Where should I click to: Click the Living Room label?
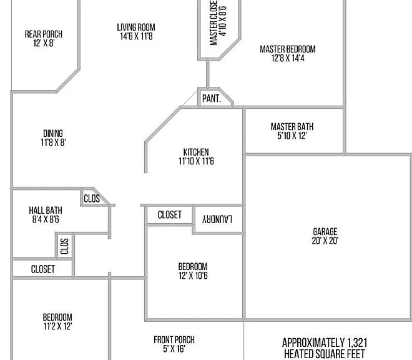pos(136,27)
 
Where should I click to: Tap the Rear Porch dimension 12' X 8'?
pos(44,43)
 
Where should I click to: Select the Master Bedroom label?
pos(288,49)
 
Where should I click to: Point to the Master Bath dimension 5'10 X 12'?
pos(292,136)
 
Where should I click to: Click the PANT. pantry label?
pos(212,99)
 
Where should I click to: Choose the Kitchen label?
pos(196,152)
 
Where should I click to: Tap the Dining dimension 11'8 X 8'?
pos(53,142)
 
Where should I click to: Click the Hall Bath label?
pos(46,211)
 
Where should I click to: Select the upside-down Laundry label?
pos(217,219)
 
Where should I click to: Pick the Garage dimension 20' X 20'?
pos(325,241)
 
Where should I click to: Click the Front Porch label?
pos(174,340)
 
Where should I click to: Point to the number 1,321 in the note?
pos(357,343)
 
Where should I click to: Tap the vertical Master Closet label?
pos(213,22)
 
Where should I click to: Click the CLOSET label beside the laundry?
pos(169,215)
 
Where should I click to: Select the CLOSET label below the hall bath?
pos(43,269)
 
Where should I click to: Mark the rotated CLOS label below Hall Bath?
pos(64,246)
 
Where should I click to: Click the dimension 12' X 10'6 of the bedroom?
pos(193,276)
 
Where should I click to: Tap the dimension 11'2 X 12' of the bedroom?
pos(57,326)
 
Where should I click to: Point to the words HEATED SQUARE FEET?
pos(325,354)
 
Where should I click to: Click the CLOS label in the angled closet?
pos(92,198)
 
